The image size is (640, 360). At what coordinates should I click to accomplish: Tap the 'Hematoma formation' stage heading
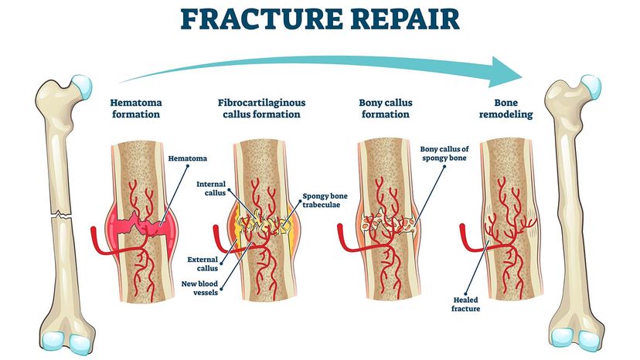[134, 108]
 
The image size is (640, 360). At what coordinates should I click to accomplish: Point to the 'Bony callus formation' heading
[384, 108]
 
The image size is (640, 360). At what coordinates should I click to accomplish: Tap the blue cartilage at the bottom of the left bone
[54, 341]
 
